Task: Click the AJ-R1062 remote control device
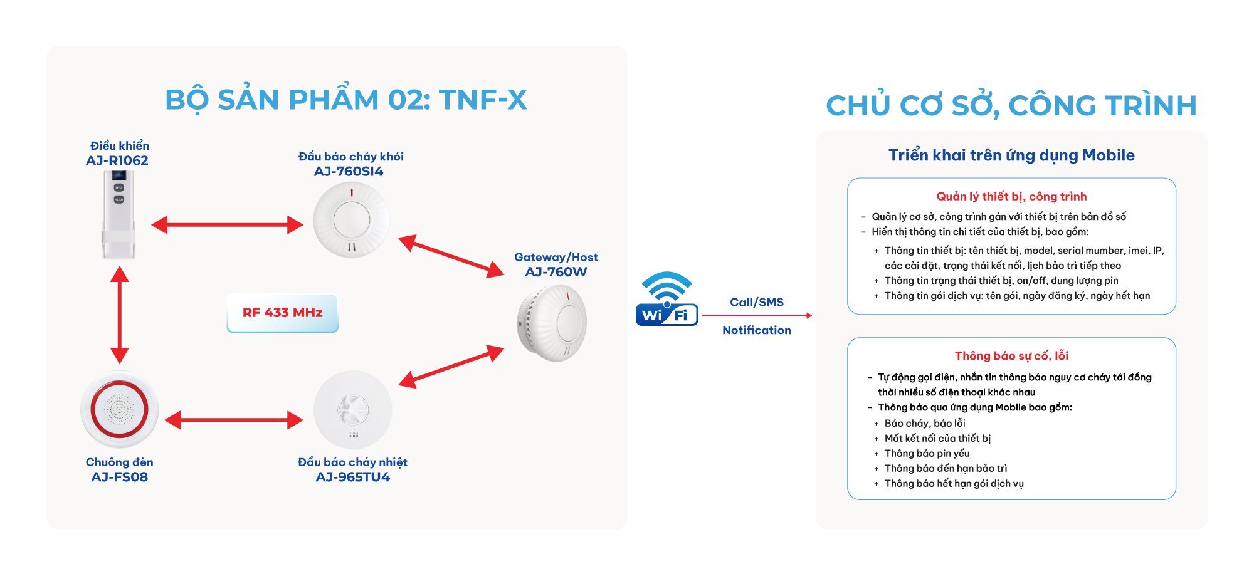pyautogui.click(x=119, y=214)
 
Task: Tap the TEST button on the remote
pyautogui.click(x=119, y=187)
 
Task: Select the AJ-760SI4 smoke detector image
pyautogui.click(x=351, y=219)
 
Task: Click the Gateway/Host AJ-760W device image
pyautogui.click(x=552, y=322)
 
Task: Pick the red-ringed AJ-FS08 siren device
pyautogui.click(x=119, y=409)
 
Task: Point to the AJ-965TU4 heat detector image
pyautogui.click(x=352, y=410)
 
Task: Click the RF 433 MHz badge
pyautogui.click(x=283, y=313)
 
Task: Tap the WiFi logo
pyautogui.click(x=667, y=299)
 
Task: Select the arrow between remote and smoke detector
pyautogui.click(x=227, y=224)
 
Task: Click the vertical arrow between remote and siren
pyautogui.click(x=119, y=315)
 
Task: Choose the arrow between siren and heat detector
pyautogui.click(x=234, y=420)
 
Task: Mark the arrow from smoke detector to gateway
pyautogui.click(x=451, y=256)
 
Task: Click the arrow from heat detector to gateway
pyautogui.click(x=451, y=366)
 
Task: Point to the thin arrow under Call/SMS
pyautogui.click(x=757, y=315)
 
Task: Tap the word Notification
pyautogui.click(x=757, y=330)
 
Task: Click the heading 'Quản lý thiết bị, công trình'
pyautogui.click(x=1011, y=197)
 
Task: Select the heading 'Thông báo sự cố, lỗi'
pyautogui.click(x=1011, y=356)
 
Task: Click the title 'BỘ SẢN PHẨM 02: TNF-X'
pyautogui.click(x=346, y=100)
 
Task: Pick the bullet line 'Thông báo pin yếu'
pyautogui.click(x=927, y=454)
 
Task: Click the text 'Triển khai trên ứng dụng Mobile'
pyautogui.click(x=1011, y=155)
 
